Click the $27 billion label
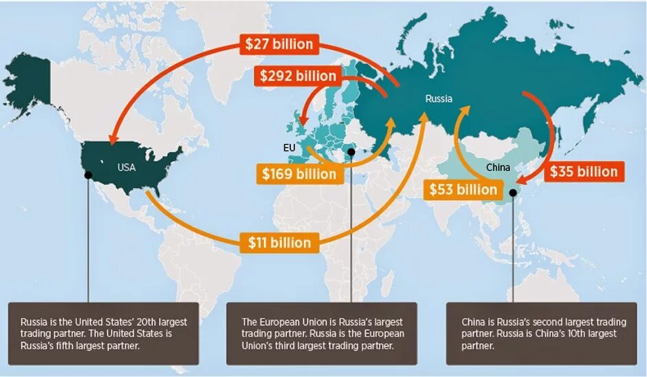[x=279, y=45]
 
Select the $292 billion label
[x=298, y=76]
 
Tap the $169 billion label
[x=300, y=173]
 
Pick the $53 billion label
[x=463, y=189]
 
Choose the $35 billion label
[x=583, y=171]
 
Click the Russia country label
[x=439, y=99]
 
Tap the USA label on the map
[x=127, y=166]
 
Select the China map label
[x=498, y=167]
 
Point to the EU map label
[x=288, y=147]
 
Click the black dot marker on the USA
[x=88, y=175]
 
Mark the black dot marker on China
[x=513, y=193]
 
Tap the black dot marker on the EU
[x=351, y=151]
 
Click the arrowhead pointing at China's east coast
[x=520, y=181]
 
